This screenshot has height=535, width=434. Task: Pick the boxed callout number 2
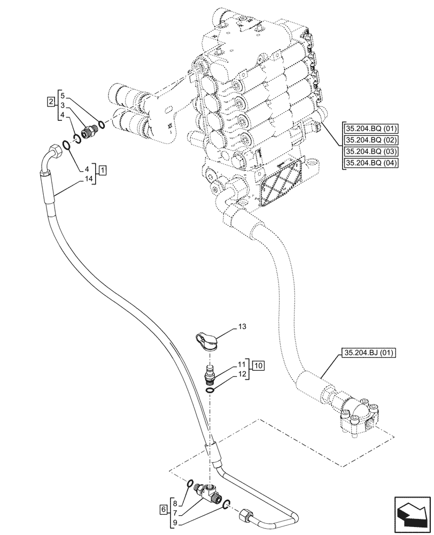coord(50,101)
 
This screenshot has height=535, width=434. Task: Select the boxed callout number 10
coord(258,366)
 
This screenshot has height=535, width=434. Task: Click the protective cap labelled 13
coord(205,341)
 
